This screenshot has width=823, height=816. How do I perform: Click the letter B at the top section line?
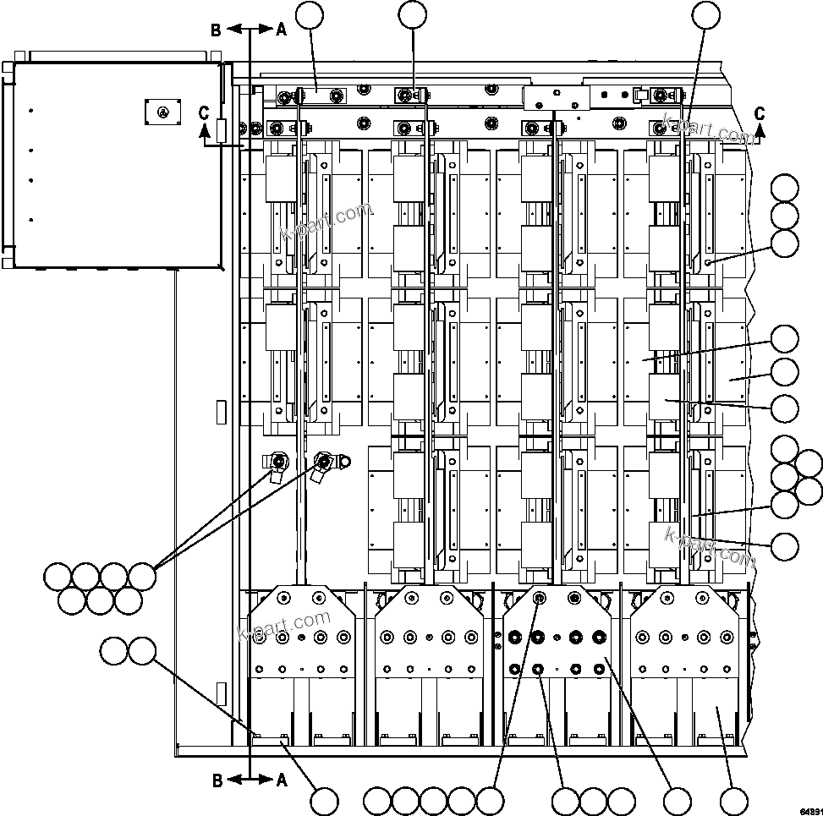[217, 30]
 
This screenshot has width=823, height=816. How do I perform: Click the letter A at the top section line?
[281, 30]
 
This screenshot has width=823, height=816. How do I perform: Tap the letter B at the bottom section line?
[217, 780]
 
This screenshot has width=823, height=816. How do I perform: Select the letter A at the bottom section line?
[281, 780]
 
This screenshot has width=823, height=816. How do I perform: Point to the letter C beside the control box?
[203, 112]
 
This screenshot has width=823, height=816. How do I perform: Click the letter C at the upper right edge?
[760, 112]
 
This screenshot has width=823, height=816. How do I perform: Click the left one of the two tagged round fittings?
[278, 461]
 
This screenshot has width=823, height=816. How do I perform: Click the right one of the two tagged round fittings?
[323, 461]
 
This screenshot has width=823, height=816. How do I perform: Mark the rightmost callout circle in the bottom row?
[733, 800]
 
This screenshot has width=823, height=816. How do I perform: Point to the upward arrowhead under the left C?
[203, 129]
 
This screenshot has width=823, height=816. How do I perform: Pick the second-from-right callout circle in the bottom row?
[678, 800]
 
